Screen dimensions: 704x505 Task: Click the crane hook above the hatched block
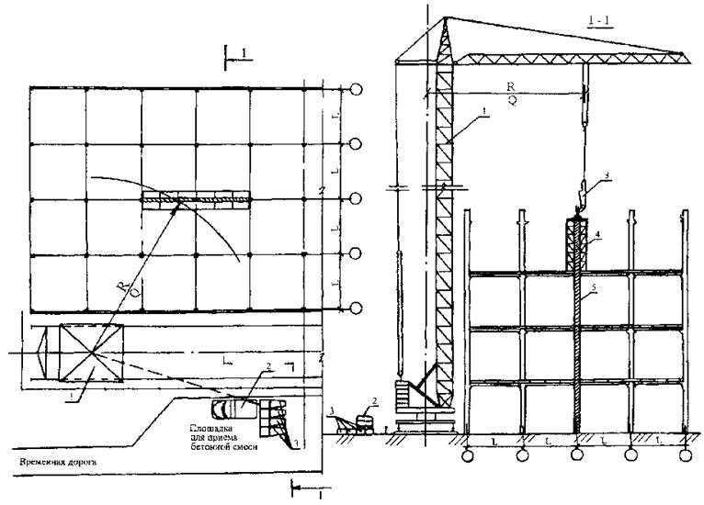click(581, 194)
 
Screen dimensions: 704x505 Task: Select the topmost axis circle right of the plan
click(357, 89)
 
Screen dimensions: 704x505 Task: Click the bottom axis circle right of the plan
click(357, 307)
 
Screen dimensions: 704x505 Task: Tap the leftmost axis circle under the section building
click(467, 454)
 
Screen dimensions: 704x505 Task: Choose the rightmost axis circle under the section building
click(685, 454)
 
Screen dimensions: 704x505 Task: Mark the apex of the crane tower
click(443, 19)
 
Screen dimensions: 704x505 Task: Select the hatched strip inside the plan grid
click(196, 197)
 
